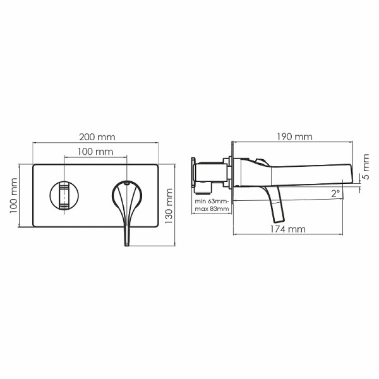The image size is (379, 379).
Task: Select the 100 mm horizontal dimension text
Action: click(95, 152)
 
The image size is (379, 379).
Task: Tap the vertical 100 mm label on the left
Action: click(13, 196)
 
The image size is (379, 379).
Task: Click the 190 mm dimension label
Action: click(295, 136)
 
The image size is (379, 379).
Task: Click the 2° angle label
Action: click(335, 193)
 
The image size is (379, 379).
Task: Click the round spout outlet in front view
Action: click(63, 195)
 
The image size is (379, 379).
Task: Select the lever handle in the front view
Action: click(126, 205)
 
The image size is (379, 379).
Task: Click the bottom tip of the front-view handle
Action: click(126, 244)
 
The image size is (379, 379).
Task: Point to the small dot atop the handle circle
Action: click(127, 184)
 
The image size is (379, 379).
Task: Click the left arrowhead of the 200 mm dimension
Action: click(34, 143)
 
